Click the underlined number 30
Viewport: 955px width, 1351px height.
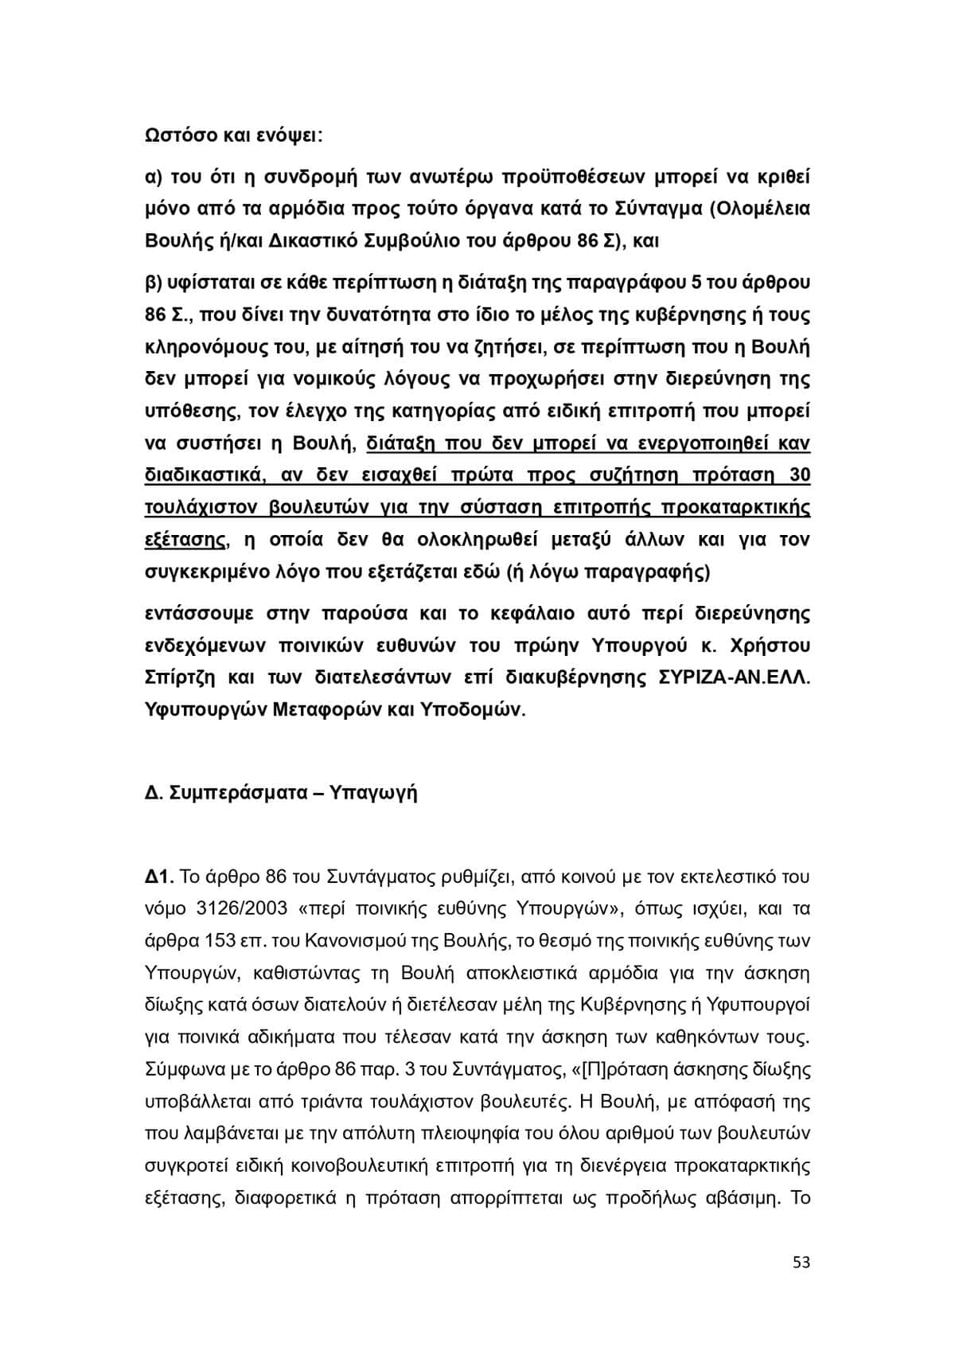[799, 475]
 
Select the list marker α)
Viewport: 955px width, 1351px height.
[154, 176]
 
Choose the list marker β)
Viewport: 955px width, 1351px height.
[154, 283]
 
